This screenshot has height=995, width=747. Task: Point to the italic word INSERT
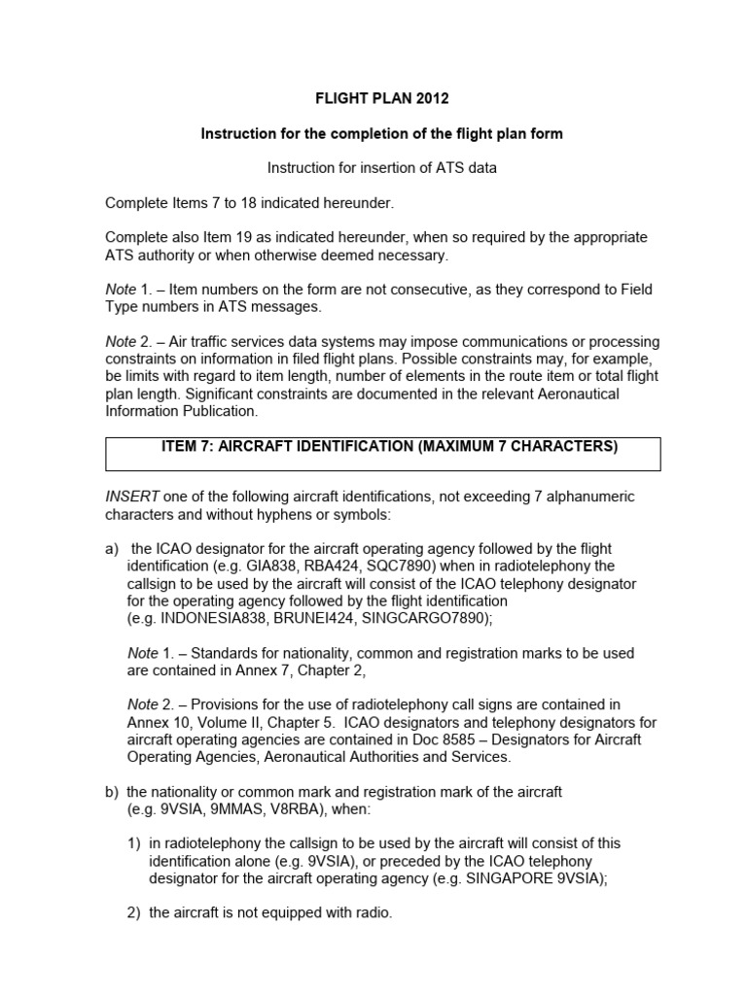[129, 497]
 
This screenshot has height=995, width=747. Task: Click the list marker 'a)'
[112, 549]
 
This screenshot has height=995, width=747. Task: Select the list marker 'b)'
[112, 791]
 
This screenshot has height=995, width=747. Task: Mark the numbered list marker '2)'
[134, 913]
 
